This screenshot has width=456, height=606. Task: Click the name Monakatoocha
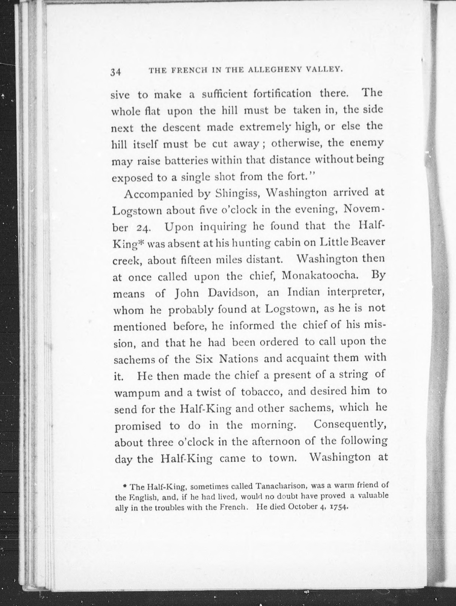coord(320,276)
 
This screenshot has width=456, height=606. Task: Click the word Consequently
coord(350,425)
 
